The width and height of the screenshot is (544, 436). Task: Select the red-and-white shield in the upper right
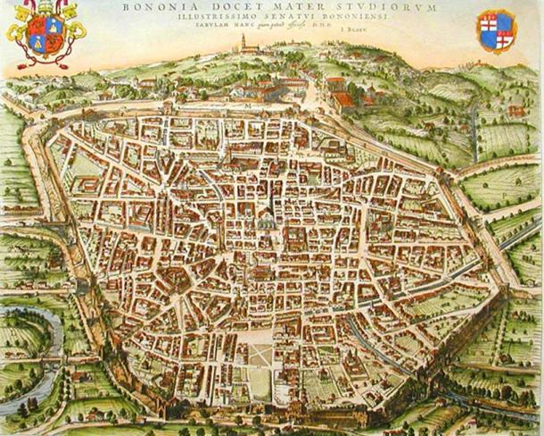click(x=497, y=33)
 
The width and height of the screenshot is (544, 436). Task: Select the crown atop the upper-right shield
click(x=497, y=13)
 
